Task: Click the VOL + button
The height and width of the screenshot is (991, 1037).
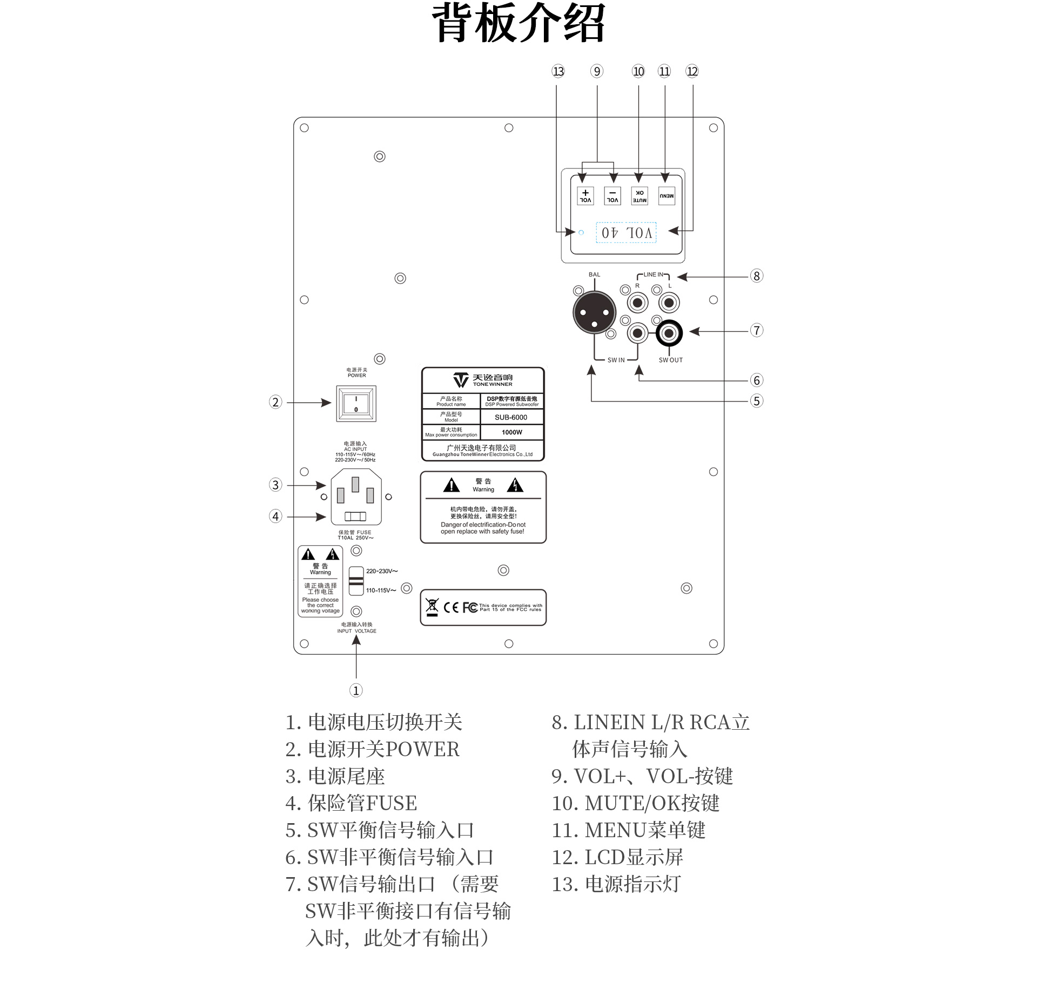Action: [x=585, y=195]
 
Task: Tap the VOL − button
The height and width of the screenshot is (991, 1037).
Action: [x=612, y=195]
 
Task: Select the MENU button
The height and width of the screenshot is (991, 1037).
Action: [x=666, y=195]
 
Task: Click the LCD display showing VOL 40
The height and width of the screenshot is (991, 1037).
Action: [x=626, y=233]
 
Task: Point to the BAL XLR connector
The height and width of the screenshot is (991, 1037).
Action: [x=594, y=313]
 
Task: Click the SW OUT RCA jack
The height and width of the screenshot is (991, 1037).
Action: [x=669, y=334]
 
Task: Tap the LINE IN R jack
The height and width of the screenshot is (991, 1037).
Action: [x=638, y=303]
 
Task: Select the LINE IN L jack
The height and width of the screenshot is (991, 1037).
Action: [x=669, y=303]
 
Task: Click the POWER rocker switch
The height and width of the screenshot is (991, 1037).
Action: [x=356, y=403]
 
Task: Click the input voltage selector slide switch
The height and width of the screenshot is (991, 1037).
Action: [x=356, y=581]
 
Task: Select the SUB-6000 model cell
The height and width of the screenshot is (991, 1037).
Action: [x=511, y=417]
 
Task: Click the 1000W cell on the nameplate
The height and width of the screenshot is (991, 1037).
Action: [x=511, y=432]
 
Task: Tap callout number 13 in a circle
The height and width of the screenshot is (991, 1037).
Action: [x=558, y=71]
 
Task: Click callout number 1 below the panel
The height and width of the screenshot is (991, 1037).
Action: [x=356, y=690]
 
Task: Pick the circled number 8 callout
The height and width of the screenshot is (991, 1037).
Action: [x=757, y=276]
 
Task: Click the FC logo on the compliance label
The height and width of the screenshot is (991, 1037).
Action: [x=470, y=608]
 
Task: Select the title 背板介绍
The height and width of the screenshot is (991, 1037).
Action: [x=518, y=23]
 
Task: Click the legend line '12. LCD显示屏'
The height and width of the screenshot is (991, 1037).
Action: [x=617, y=857]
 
